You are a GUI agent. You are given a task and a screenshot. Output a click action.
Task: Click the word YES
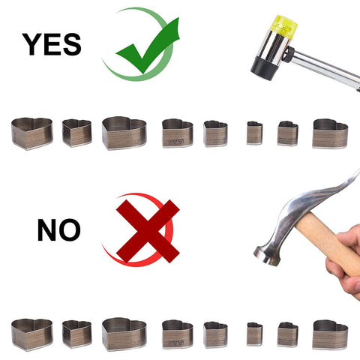coord(52,44)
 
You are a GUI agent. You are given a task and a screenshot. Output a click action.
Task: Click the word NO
coord(59,229)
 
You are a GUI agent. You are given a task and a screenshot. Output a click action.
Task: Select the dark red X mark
coord(148,231)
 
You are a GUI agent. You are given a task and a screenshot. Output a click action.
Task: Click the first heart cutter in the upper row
coord(32,133)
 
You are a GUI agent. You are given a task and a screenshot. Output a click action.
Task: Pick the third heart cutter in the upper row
coord(124,133)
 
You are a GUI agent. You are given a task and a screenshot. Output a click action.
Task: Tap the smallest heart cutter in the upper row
coord(254,133)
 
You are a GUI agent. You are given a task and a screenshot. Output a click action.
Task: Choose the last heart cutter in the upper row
coord(330,133)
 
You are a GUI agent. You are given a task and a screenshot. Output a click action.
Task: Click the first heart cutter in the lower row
coord(32,335)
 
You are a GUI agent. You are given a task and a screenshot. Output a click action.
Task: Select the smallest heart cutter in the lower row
coord(254,334)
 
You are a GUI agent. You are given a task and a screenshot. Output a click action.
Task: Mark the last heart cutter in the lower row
coord(330,335)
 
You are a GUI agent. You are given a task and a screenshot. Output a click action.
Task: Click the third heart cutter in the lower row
coord(124,334)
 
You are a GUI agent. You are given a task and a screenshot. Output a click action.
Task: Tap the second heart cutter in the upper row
coord(76,133)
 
